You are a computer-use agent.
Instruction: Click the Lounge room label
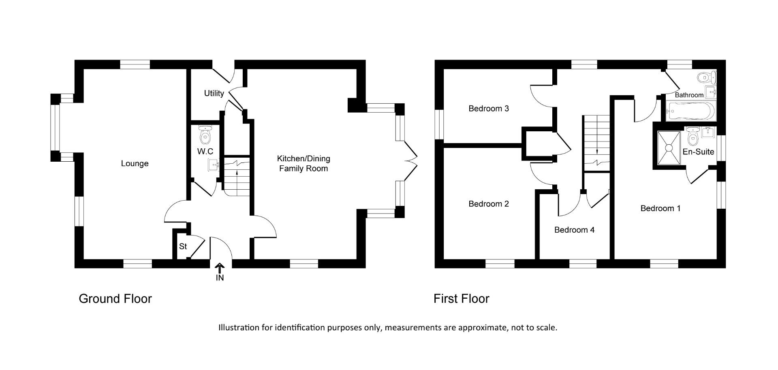(135, 164)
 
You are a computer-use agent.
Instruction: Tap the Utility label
(214, 94)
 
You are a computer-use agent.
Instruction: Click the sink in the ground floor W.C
(213, 165)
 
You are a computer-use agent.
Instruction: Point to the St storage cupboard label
(183, 246)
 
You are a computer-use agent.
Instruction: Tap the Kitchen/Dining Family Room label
(303, 164)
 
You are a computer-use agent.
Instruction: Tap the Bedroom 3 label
(488, 109)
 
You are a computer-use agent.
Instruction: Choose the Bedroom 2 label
(488, 204)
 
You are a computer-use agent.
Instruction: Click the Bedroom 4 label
(574, 230)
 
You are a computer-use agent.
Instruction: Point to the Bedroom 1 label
(660, 208)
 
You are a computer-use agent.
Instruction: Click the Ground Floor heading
(115, 299)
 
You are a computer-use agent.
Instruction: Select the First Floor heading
(461, 299)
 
